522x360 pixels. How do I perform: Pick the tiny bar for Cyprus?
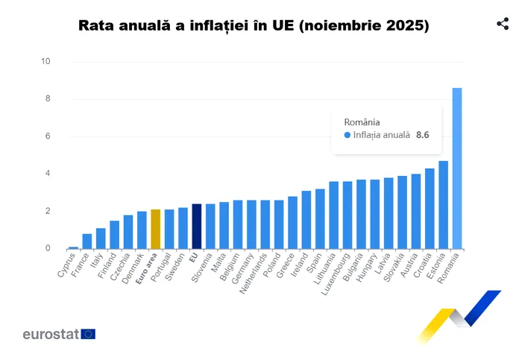(x=73, y=247)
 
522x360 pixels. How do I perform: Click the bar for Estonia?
(x=443, y=205)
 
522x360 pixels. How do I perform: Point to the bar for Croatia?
(x=430, y=209)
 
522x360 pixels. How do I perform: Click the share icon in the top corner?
(x=503, y=24)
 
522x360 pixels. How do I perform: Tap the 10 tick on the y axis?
(x=45, y=61)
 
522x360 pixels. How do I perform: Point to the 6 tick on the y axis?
(x=46, y=136)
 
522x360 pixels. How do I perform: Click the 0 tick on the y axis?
(x=46, y=248)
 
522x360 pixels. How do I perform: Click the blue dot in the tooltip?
(x=347, y=135)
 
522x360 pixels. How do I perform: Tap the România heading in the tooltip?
(x=362, y=121)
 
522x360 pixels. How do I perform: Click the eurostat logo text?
(x=51, y=334)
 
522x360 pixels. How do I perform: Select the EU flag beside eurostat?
(x=88, y=334)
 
